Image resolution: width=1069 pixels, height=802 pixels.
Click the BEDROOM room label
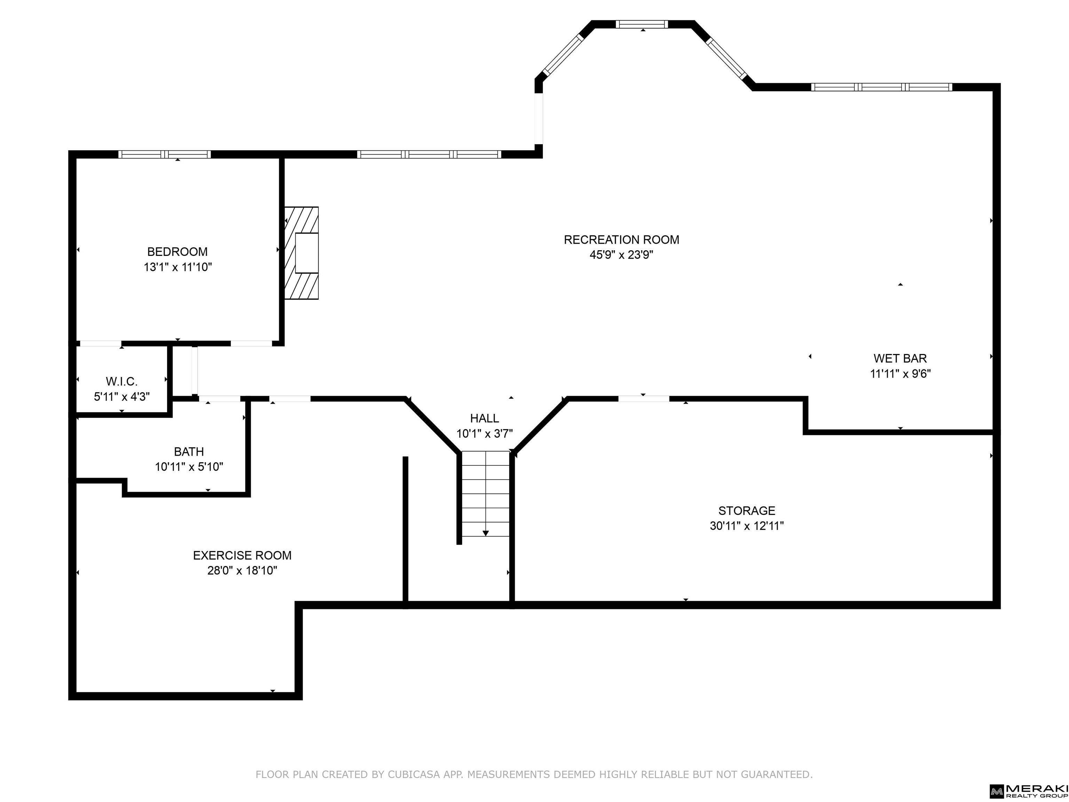177,252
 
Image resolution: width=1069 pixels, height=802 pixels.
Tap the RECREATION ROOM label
621,240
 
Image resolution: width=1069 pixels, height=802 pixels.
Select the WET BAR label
900,359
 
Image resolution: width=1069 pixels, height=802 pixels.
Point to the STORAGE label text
747,511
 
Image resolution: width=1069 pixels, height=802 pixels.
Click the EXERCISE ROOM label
242,556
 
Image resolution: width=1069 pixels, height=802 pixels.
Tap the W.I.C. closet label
122,382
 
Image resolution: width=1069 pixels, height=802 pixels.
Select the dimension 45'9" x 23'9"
621,255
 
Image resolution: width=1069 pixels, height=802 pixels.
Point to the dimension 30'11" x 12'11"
747,526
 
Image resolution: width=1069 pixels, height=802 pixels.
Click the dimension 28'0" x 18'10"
242,571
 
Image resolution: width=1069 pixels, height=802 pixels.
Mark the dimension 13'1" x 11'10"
177,267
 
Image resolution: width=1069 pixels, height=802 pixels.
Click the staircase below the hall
485,494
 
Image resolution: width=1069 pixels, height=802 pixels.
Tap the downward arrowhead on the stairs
486,533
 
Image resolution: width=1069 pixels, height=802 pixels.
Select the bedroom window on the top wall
165,154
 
